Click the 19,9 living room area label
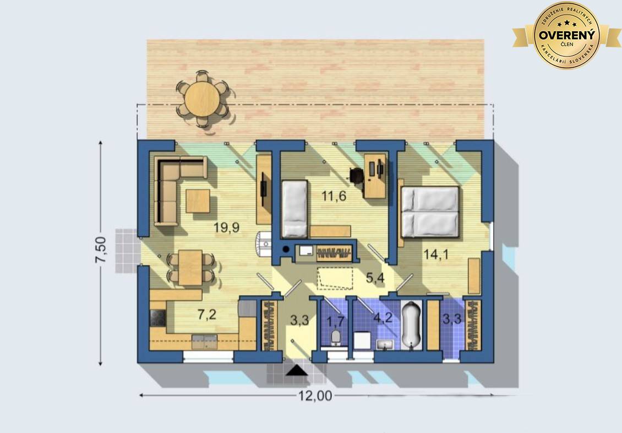(x=226, y=228)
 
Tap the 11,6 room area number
(x=334, y=196)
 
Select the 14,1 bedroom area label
(x=437, y=254)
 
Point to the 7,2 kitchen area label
(x=207, y=315)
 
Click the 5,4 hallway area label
(x=375, y=278)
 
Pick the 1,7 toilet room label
(x=335, y=321)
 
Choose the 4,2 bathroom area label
(x=383, y=318)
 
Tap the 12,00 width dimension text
(x=315, y=396)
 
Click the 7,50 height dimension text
(x=100, y=250)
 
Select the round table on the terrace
(x=202, y=99)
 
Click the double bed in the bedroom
(x=430, y=212)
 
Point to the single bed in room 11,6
(x=294, y=209)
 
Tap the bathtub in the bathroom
(x=411, y=326)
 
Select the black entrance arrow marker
(x=297, y=371)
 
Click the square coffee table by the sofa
(x=198, y=201)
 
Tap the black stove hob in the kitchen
(x=158, y=318)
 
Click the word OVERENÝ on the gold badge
(x=567, y=35)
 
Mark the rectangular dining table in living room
(x=190, y=268)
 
